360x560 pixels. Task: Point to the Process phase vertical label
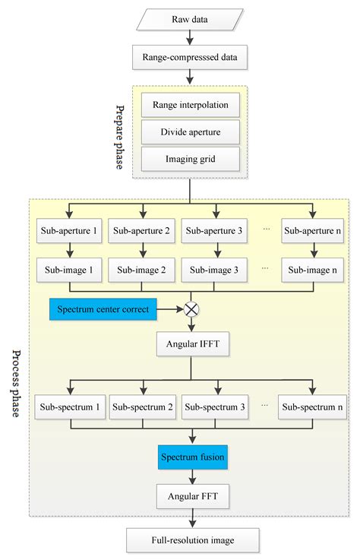(16, 384)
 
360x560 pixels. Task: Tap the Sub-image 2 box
(141, 269)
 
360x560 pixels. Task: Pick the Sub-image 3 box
(214, 269)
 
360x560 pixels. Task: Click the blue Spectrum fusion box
(192, 458)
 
